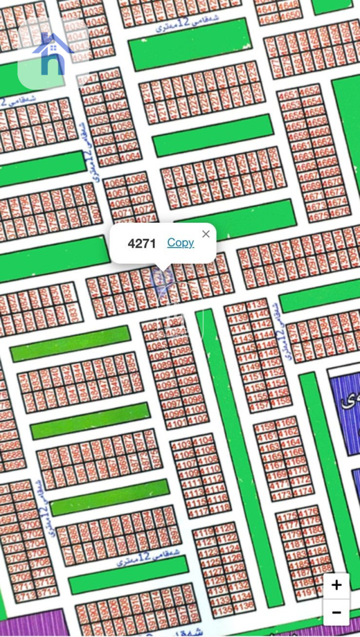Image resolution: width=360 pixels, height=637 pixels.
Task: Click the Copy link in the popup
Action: coord(180,243)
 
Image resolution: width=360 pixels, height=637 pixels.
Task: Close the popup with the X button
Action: coord(206,234)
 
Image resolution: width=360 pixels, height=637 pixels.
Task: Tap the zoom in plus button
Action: coord(336,585)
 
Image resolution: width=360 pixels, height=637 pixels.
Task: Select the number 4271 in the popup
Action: coord(142,243)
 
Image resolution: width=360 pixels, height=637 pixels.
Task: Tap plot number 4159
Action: coord(264,427)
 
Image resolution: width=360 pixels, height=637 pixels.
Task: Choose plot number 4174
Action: coord(302,492)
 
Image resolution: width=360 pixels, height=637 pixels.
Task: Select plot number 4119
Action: coord(205,534)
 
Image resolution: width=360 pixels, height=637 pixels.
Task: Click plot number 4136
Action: coord(244,605)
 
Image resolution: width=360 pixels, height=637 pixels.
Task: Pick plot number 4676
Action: coord(337,215)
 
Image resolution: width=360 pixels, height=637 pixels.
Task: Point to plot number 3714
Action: coord(47,594)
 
